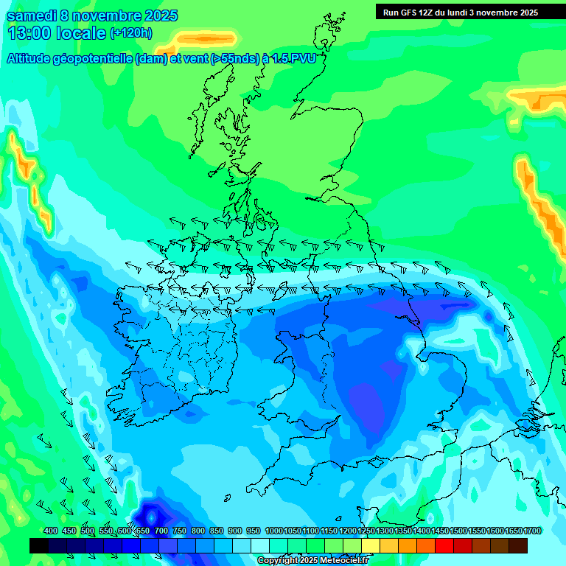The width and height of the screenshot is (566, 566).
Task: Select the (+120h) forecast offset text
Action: coord(131,33)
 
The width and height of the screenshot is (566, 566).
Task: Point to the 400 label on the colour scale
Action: coord(51,531)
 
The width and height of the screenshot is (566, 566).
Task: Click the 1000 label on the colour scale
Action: coord(274,531)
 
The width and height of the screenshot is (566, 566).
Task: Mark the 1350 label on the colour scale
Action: coord(403,531)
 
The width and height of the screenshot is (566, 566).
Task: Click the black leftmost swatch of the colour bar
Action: coord(39,545)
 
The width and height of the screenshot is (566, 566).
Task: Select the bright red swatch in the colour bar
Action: coord(444,545)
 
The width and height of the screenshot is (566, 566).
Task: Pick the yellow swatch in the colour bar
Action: coord(371,545)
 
